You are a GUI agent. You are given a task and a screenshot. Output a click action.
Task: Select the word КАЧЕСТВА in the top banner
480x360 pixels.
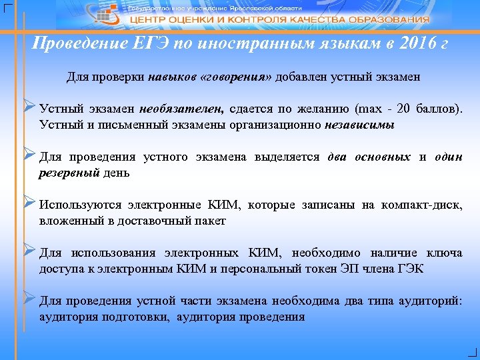coord(311,19)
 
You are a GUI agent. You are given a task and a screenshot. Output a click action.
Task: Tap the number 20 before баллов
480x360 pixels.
coord(404,109)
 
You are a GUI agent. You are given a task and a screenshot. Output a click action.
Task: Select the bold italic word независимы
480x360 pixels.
coord(360,125)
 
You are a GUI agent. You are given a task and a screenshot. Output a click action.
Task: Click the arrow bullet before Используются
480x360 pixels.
coord(29,202)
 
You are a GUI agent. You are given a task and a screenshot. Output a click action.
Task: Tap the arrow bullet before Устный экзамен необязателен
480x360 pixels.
coord(29,106)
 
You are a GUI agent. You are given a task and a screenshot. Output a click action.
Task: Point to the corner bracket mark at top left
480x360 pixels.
coord(7,7)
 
